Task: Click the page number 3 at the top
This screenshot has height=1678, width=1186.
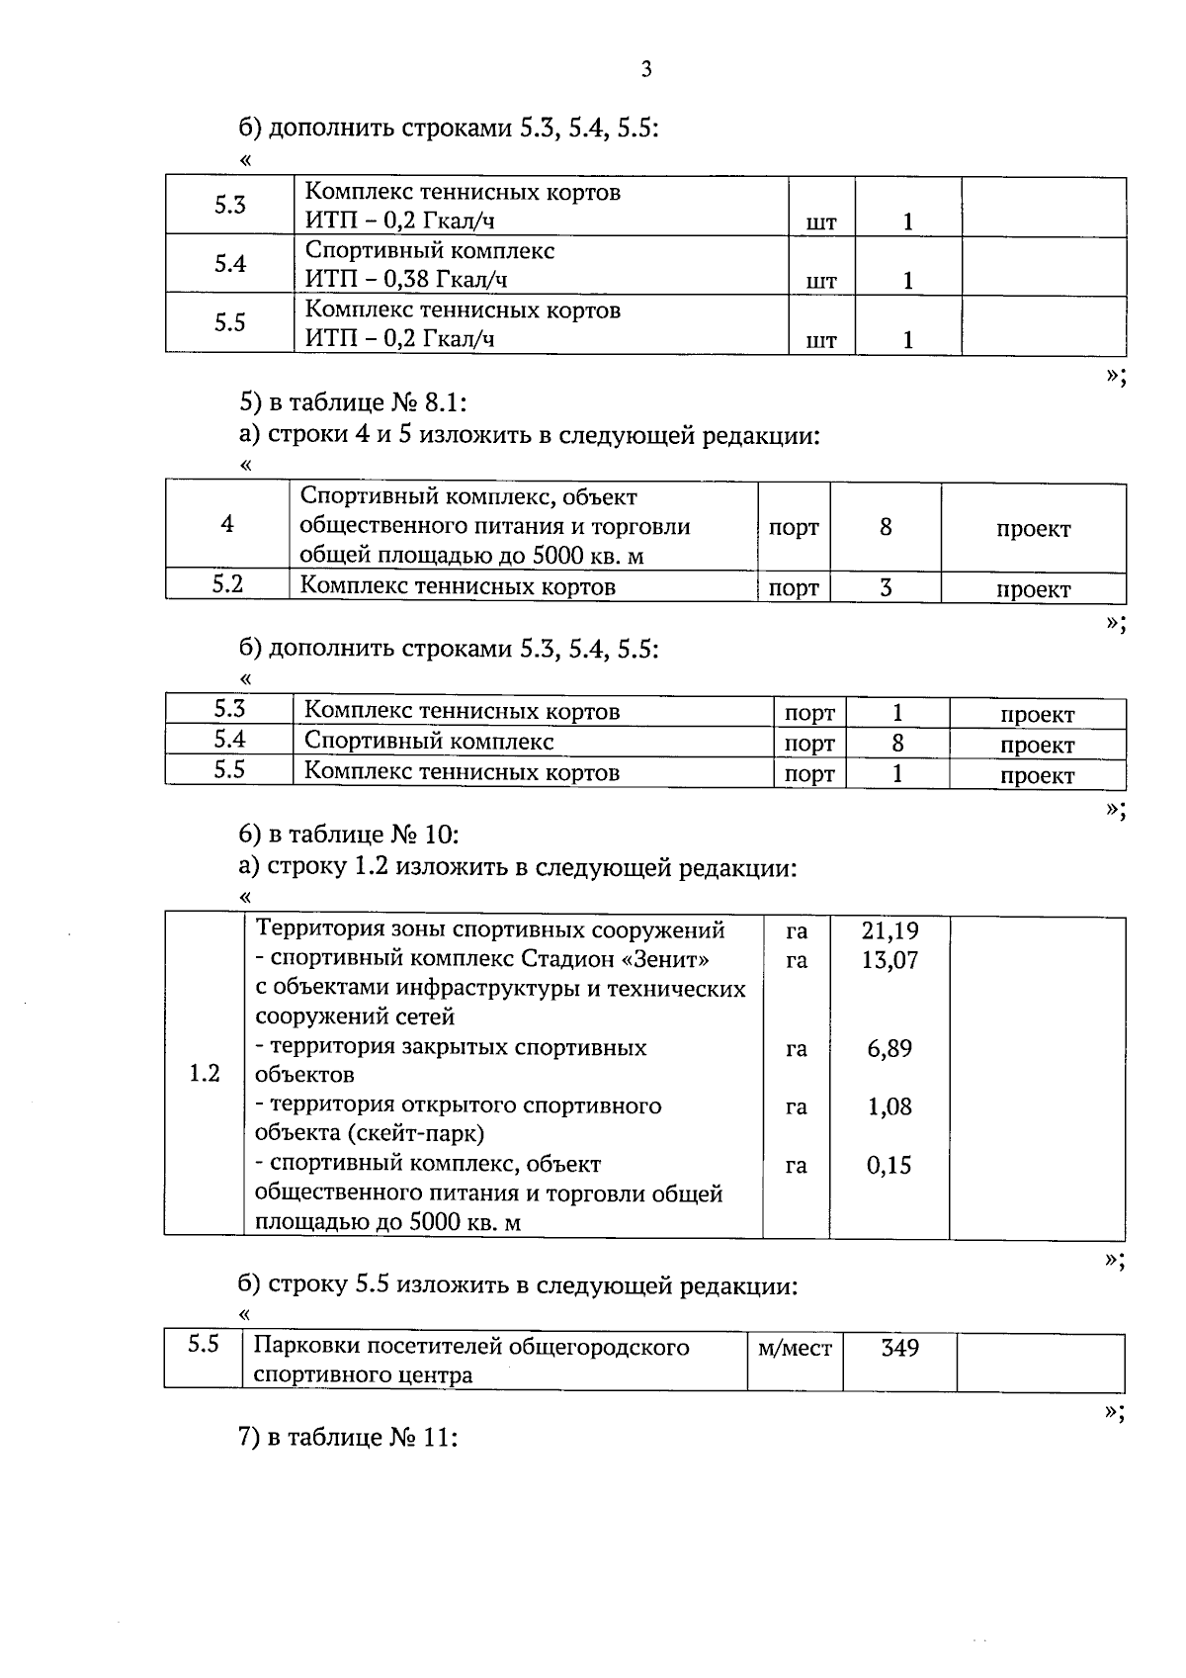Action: (x=646, y=69)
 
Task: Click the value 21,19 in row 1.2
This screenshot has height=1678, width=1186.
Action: (x=889, y=930)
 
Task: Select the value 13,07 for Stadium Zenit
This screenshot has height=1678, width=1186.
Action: (x=889, y=960)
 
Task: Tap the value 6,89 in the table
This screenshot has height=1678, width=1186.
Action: (x=889, y=1048)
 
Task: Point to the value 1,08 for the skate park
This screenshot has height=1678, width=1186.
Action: (x=889, y=1106)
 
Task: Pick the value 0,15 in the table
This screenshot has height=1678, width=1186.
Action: (x=889, y=1165)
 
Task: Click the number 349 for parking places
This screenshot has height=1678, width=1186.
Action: (x=899, y=1348)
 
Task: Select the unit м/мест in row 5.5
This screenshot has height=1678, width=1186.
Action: (x=795, y=1348)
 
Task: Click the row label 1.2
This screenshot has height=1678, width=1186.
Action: (x=205, y=1074)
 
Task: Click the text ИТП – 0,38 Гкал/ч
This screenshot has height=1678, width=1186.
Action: (x=406, y=280)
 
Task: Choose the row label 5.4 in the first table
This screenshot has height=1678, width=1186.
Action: (x=230, y=264)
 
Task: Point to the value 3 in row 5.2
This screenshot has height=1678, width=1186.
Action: (x=886, y=588)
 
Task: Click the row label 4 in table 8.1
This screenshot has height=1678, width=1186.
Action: (x=227, y=525)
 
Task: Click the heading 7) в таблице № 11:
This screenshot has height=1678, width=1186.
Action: (x=349, y=1437)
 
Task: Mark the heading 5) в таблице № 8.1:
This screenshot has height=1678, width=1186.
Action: (x=353, y=402)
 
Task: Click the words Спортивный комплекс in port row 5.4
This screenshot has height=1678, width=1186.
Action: (x=429, y=742)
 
